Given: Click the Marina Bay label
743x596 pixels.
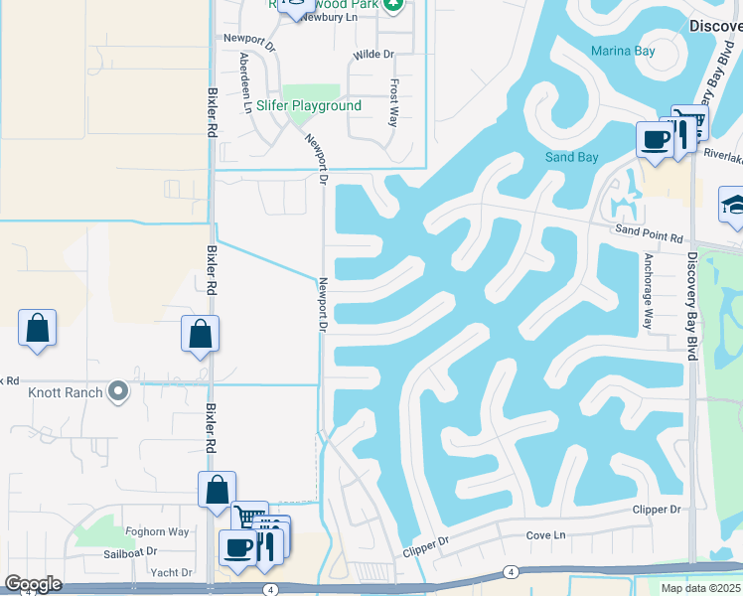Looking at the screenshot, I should coord(624,51).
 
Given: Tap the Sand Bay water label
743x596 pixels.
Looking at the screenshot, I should coord(572,157).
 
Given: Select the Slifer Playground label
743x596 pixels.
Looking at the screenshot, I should coord(309,105).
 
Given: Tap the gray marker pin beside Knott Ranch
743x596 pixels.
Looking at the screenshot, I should coord(119,391).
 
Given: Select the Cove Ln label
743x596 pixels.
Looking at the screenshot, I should coord(545,535).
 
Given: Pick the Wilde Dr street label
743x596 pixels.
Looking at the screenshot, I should coord(374,54).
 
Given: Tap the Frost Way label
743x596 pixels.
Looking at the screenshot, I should coord(394,101).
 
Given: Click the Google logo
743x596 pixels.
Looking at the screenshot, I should coord(34,584).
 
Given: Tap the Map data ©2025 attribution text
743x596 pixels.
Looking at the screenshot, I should coord(700,588).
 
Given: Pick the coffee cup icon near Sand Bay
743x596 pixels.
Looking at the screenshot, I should coord(655,139).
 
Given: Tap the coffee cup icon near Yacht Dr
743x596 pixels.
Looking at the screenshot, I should coord(238,547).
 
